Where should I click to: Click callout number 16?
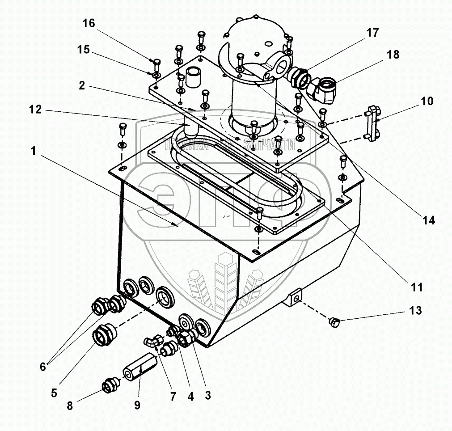click(89, 24)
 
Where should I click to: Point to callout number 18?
click(393, 55)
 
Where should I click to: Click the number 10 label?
click(427, 101)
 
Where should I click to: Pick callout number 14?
click(429, 220)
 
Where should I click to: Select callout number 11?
click(417, 287)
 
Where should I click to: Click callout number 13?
click(415, 310)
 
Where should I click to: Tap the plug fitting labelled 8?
click(109, 385)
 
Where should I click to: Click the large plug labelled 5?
click(103, 334)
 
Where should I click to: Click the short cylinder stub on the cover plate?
click(193, 77)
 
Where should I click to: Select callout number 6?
click(42, 367)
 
